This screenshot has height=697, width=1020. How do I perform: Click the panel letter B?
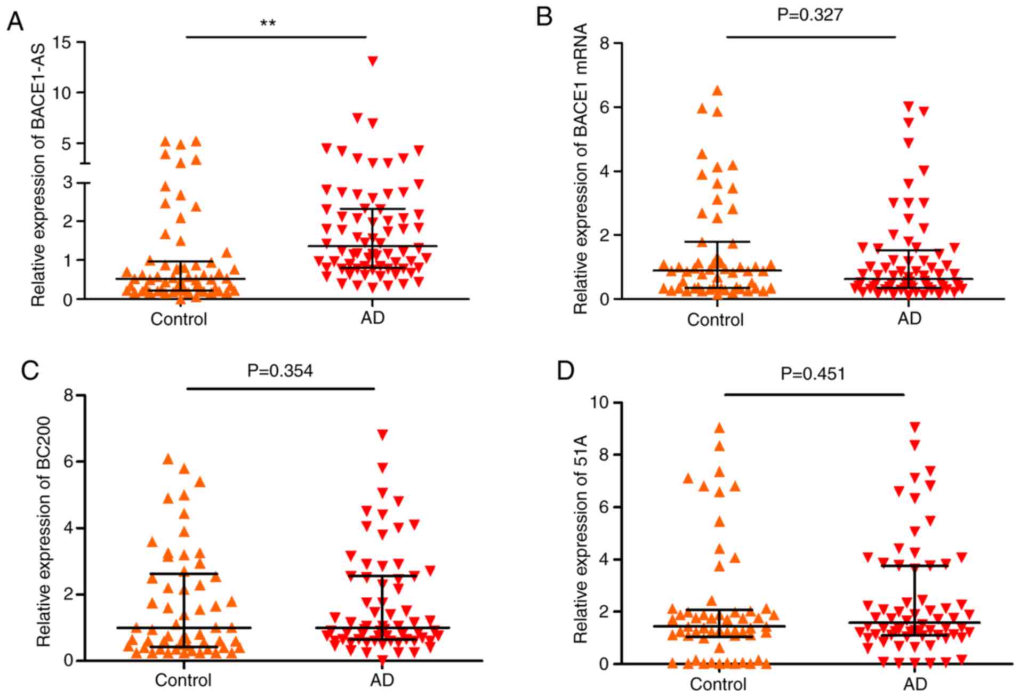click(x=544, y=18)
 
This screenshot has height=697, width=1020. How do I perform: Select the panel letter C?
click(x=30, y=370)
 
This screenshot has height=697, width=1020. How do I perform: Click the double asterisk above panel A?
click(x=268, y=23)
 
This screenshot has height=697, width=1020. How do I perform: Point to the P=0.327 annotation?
click(x=810, y=14)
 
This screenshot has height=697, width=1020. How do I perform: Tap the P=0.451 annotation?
click(x=813, y=373)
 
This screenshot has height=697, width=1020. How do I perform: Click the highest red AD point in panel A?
click(x=373, y=61)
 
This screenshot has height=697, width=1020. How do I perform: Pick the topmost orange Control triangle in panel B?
click(x=718, y=91)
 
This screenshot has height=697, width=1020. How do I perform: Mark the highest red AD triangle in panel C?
click(x=382, y=434)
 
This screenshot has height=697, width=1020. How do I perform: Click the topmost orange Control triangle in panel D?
click(x=719, y=428)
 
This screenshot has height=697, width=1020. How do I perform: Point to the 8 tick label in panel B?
click(x=604, y=43)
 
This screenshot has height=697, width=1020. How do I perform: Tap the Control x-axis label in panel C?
click(x=183, y=680)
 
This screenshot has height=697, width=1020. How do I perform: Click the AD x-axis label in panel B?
click(x=909, y=318)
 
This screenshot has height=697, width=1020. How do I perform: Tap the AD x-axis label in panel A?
click(x=372, y=318)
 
